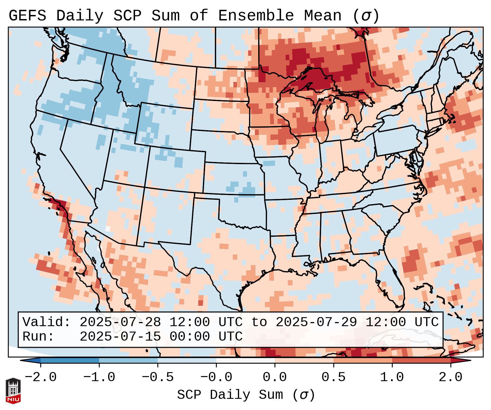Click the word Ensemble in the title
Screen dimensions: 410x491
click(x=256, y=16)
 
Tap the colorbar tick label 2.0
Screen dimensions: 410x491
click(x=450, y=377)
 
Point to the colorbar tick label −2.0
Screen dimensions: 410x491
click(x=41, y=377)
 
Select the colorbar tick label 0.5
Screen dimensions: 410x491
click(x=333, y=377)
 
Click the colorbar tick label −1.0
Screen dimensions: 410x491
click(x=99, y=377)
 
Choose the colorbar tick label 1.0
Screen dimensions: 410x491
click(x=392, y=377)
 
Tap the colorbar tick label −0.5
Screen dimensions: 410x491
click(x=158, y=377)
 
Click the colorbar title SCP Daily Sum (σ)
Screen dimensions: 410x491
click(x=246, y=395)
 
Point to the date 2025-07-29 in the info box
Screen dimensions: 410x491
click(x=316, y=322)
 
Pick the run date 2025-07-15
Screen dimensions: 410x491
click(x=120, y=337)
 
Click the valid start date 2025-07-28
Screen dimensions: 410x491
click(x=120, y=322)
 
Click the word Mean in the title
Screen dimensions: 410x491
click(x=322, y=16)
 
